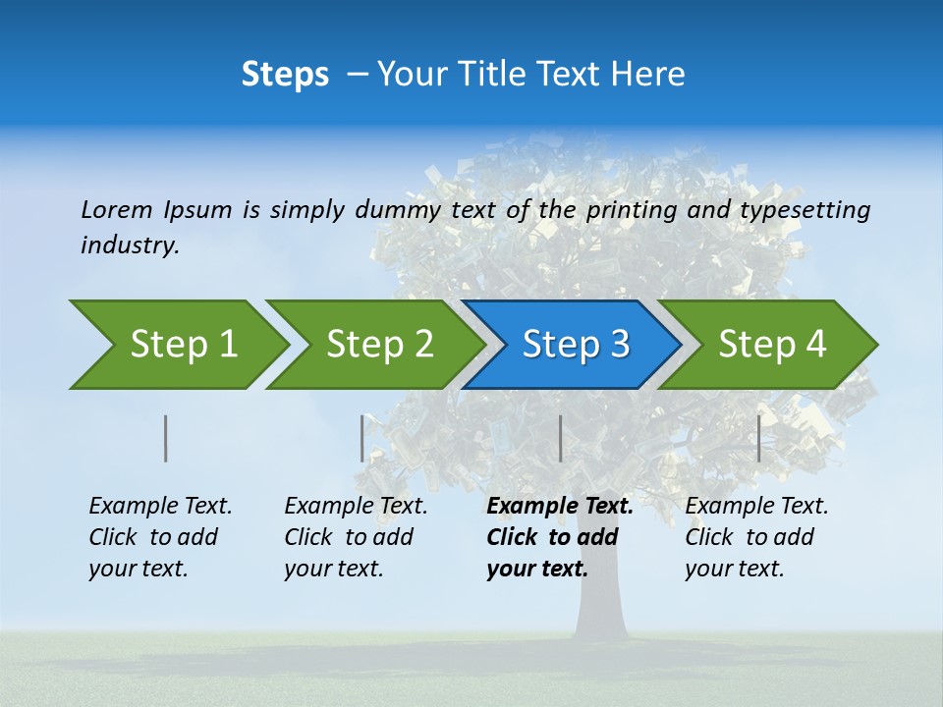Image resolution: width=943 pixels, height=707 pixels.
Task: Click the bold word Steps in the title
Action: [x=285, y=75]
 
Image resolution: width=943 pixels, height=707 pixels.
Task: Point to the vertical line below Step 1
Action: [x=166, y=438]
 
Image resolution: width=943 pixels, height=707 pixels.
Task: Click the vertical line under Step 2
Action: [x=362, y=438]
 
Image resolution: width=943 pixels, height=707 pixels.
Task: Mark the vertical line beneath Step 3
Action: [x=561, y=438]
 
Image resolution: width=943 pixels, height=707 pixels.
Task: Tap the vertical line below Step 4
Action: [x=759, y=438]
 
